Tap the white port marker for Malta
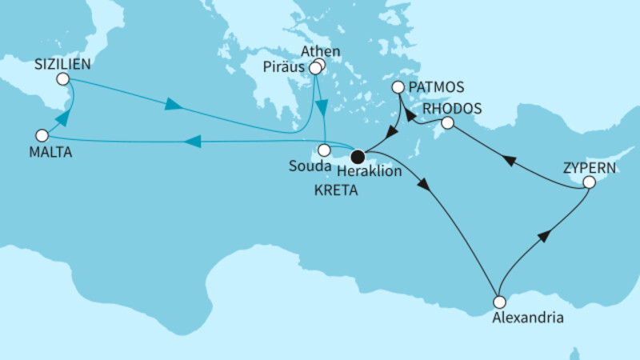[x=42, y=135]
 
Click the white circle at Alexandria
[x=499, y=302]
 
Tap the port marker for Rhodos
[x=448, y=123]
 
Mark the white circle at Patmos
[x=398, y=87]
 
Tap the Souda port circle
[x=324, y=150]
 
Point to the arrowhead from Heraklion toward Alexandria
[x=424, y=184]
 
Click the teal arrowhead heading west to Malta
[x=192, y=142]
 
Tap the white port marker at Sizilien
[x=62, y=79]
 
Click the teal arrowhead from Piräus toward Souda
[x=322, y=107]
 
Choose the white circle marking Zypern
[x=589, y=182]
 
